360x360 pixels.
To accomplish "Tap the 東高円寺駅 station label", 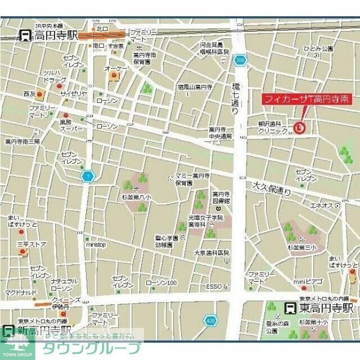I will point(326,308).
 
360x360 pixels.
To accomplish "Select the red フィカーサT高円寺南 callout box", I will point(308,99).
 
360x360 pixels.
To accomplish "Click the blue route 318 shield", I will point(241,59).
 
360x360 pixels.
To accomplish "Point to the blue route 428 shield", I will point(210,320).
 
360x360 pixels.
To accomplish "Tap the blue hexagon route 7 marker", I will point(87,176).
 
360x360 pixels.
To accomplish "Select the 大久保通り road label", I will point(271,187).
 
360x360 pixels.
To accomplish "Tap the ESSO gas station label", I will point(214,286).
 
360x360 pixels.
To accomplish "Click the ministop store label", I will point(96,245).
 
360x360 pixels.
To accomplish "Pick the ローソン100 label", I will point(161,282).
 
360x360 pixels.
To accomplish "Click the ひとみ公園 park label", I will point(319,49).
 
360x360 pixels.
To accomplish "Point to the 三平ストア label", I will point(31,244).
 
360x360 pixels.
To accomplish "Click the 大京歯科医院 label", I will point(211,253).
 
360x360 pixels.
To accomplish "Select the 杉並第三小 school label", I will point(304,247).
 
